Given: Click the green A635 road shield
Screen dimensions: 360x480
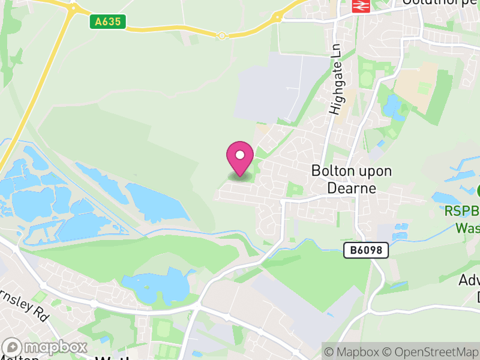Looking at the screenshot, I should click(108, 22).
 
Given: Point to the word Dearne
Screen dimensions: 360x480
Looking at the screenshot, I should click(352, 188).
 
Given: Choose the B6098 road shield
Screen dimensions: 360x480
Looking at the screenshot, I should click(366, 251).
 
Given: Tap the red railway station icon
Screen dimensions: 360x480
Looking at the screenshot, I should click(360, 5).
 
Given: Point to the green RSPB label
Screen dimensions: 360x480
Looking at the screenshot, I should click(462, 211).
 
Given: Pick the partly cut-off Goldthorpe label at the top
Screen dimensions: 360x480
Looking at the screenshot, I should click(441, 2).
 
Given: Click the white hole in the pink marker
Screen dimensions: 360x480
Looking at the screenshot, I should click(240, 155).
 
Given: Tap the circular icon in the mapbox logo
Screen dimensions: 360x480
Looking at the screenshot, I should click(13, 347).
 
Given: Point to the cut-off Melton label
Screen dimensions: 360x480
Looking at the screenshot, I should click(18, 358).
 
